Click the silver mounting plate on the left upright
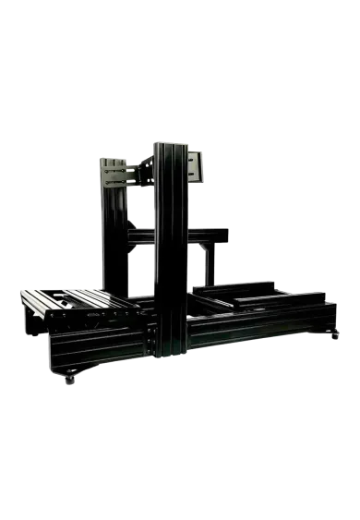pyautogui.click(x=114, y=174)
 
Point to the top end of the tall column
pyautogui.click(x=170, y=146)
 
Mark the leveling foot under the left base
pyautogui.click(x=66, y=380)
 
